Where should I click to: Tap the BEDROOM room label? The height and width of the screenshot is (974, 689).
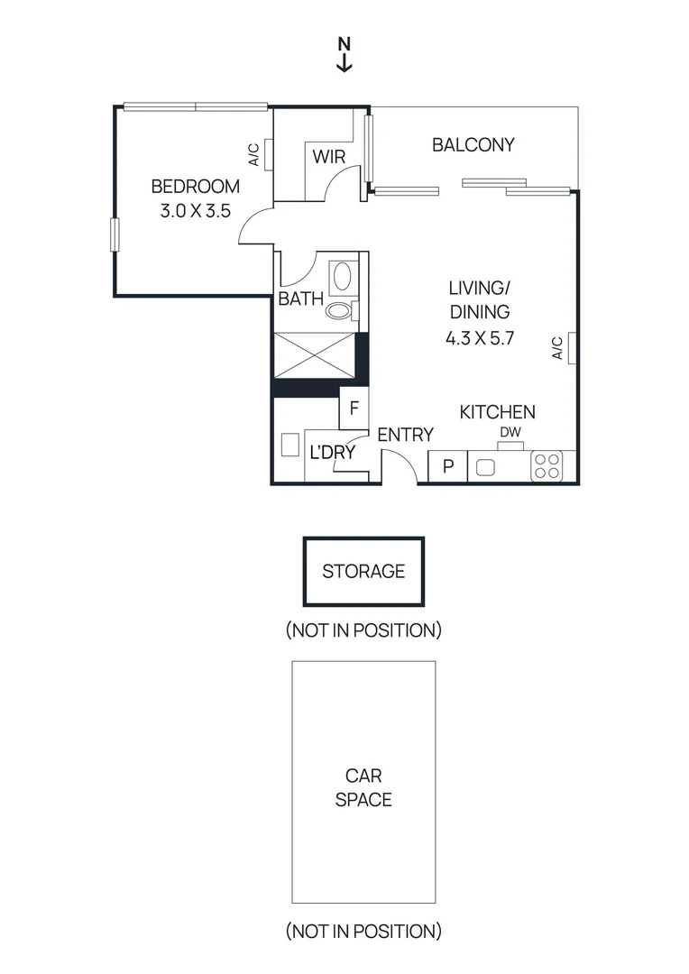click(x=195, y=187)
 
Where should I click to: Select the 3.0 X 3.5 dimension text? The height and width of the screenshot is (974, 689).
click(x=195, y=212)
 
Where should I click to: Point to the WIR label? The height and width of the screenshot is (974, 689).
click(x=329, y=157)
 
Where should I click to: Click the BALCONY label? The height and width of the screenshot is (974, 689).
click(x=473, y=144)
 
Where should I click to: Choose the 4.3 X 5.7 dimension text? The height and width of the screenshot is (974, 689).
click(x=479, y=340)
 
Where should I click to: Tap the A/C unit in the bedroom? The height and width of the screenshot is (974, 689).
click(x=268, y=154)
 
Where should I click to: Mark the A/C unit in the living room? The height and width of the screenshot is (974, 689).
click(x=572, y=346)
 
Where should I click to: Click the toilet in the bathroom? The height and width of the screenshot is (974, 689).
click(x=339, y=310)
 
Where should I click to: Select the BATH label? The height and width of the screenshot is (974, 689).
click(x=300, y=299)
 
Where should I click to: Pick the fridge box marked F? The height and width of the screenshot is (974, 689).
click(x=354, y=408)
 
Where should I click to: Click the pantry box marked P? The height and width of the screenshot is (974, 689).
click(x=447, y=467)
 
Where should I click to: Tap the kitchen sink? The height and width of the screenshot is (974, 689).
click(x=485, y=467)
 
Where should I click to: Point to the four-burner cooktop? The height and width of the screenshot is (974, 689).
click(x=546, y=465)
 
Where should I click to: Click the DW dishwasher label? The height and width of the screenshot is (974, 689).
click(x=510, y=433)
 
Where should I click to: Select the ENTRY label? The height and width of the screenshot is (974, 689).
click(x=405, y=435)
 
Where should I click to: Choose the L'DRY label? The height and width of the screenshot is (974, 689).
click(x=332, y=453)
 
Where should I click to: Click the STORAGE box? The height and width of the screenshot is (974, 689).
click(x=363, y=571)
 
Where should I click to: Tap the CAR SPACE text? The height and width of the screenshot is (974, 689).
click(x=363, y=787)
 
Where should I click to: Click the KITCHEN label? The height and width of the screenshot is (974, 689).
click(x=497, y=412)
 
